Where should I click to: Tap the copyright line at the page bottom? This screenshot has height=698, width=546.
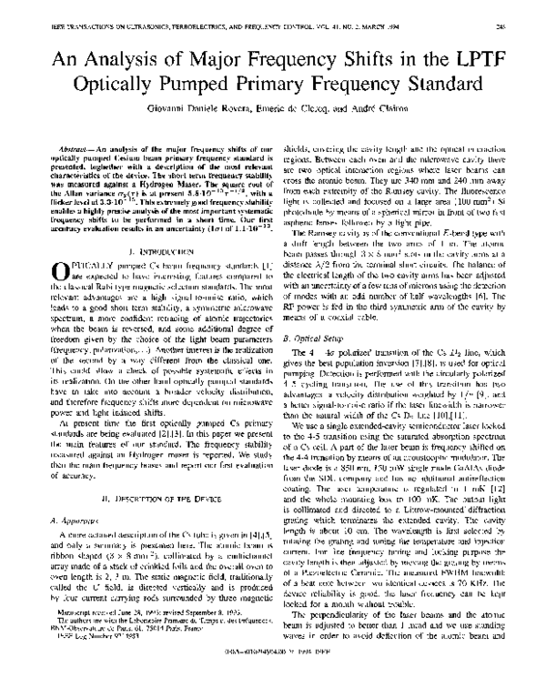pos(273,684)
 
